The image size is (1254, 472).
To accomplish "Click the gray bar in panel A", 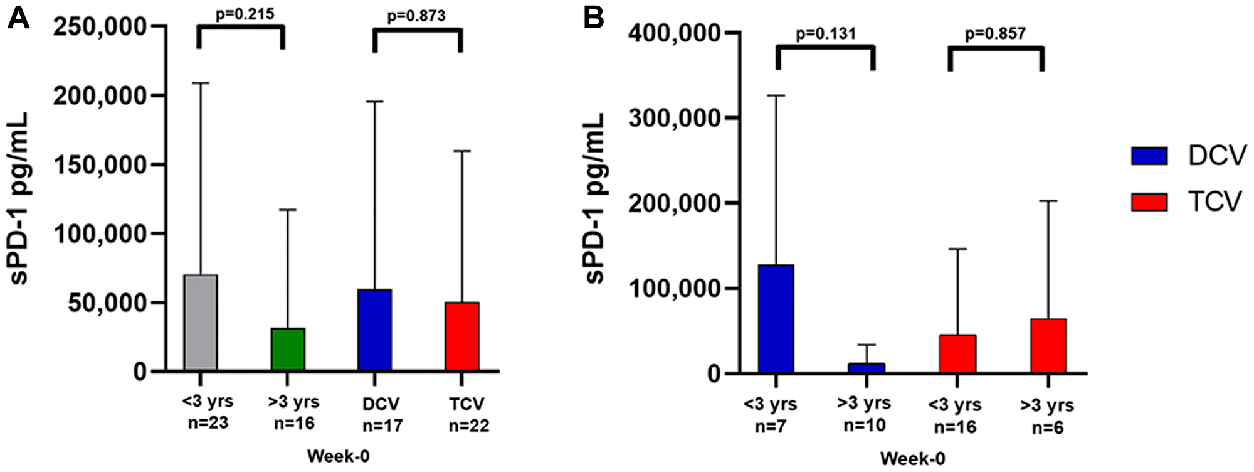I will pos(201,323).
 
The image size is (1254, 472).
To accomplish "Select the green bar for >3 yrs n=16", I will pos(288,350).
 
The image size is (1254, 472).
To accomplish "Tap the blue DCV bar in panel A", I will pos(375,330).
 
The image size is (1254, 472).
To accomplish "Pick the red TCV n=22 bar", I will pos(462,336).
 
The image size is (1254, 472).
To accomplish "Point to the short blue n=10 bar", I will pos(867,368).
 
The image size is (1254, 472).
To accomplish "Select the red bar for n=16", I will pos(957,354).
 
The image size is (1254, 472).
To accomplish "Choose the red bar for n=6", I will pos(1048,346).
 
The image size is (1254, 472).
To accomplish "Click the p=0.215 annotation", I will pos(245,14).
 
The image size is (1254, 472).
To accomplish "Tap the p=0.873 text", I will pos(416,16).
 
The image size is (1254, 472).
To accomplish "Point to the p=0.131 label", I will pos(826,33).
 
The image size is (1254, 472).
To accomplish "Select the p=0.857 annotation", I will pos(996,33).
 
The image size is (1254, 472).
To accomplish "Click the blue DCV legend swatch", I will pos(1149,156).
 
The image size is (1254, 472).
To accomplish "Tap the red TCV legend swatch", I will pos(1149,202).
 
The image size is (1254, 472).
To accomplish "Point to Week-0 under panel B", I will pos(912,459).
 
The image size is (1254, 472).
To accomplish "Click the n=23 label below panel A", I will pos(208,423).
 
